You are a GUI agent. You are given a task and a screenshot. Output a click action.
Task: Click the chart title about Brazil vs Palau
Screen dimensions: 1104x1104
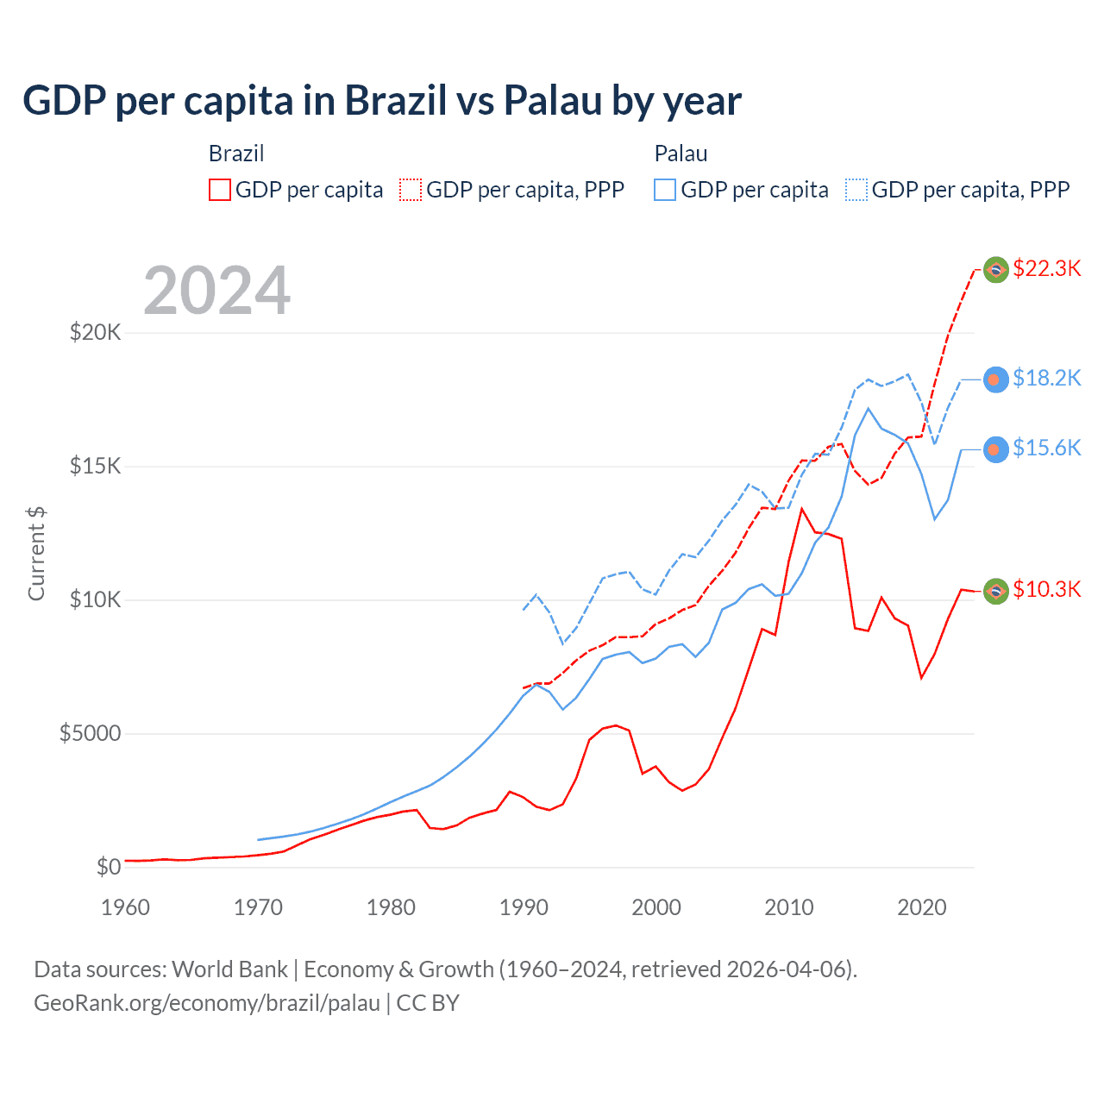point(381,101)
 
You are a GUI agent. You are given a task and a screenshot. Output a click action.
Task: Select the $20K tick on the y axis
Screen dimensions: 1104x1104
point(95,332)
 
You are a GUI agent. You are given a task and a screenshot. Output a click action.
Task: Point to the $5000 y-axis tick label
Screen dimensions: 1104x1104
point(90,733)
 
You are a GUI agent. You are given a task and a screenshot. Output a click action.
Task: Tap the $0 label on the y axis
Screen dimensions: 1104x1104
point(108,867)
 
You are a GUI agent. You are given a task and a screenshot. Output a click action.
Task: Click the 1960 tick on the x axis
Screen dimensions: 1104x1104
point(125,907)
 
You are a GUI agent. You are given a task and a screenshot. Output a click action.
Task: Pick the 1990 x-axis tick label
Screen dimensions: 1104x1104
point(524,907)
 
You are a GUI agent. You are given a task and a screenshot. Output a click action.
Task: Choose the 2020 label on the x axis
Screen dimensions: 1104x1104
point(922,907)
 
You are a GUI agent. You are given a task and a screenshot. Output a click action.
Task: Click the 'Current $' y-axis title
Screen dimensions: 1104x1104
point(36,553)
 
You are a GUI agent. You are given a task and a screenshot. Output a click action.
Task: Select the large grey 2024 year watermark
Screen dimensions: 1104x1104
point(216,291)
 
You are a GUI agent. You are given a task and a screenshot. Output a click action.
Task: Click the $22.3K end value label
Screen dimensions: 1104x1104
point(1046,268)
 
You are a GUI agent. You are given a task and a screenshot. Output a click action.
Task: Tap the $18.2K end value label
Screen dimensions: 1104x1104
point(1046,378)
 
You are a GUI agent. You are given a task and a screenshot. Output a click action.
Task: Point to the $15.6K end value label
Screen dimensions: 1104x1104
point(1046,448)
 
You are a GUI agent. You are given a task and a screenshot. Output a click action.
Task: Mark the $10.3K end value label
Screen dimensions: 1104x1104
point(1046,589)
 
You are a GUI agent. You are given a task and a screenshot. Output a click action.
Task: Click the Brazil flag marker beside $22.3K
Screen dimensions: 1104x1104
point(996,270)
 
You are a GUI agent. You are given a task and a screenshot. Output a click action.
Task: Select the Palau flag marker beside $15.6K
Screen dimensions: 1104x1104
point(996,449)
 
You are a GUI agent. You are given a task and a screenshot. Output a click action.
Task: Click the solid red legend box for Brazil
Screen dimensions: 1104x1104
point(220,190)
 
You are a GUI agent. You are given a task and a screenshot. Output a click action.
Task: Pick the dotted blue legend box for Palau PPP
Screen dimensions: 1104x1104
point(856,190)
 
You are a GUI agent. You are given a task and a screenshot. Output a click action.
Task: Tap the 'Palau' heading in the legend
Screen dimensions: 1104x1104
point(681,154)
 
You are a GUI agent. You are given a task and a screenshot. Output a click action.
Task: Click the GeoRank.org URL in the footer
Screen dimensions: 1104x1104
point(207,1003)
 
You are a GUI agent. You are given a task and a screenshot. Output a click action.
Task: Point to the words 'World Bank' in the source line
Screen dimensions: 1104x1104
point(229,969)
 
